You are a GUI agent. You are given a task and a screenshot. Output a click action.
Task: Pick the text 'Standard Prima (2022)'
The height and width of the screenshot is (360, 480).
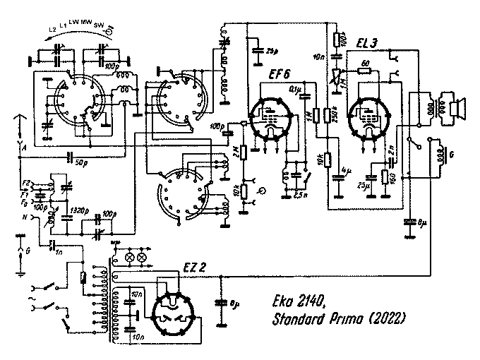coord(337,320)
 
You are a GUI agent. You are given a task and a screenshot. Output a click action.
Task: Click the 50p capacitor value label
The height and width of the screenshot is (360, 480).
coord(83,163)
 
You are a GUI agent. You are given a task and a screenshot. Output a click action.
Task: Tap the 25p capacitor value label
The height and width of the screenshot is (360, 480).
coord(271,50)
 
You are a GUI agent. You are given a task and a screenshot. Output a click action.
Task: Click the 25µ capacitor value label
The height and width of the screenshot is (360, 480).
coord(362,186)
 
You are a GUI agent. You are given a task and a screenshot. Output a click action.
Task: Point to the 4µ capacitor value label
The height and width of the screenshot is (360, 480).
coord(347,171)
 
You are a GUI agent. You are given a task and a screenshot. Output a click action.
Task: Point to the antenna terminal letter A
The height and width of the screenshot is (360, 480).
coord(25,149)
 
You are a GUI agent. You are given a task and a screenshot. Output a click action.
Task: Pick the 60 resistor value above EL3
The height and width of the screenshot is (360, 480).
coord(364,64)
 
